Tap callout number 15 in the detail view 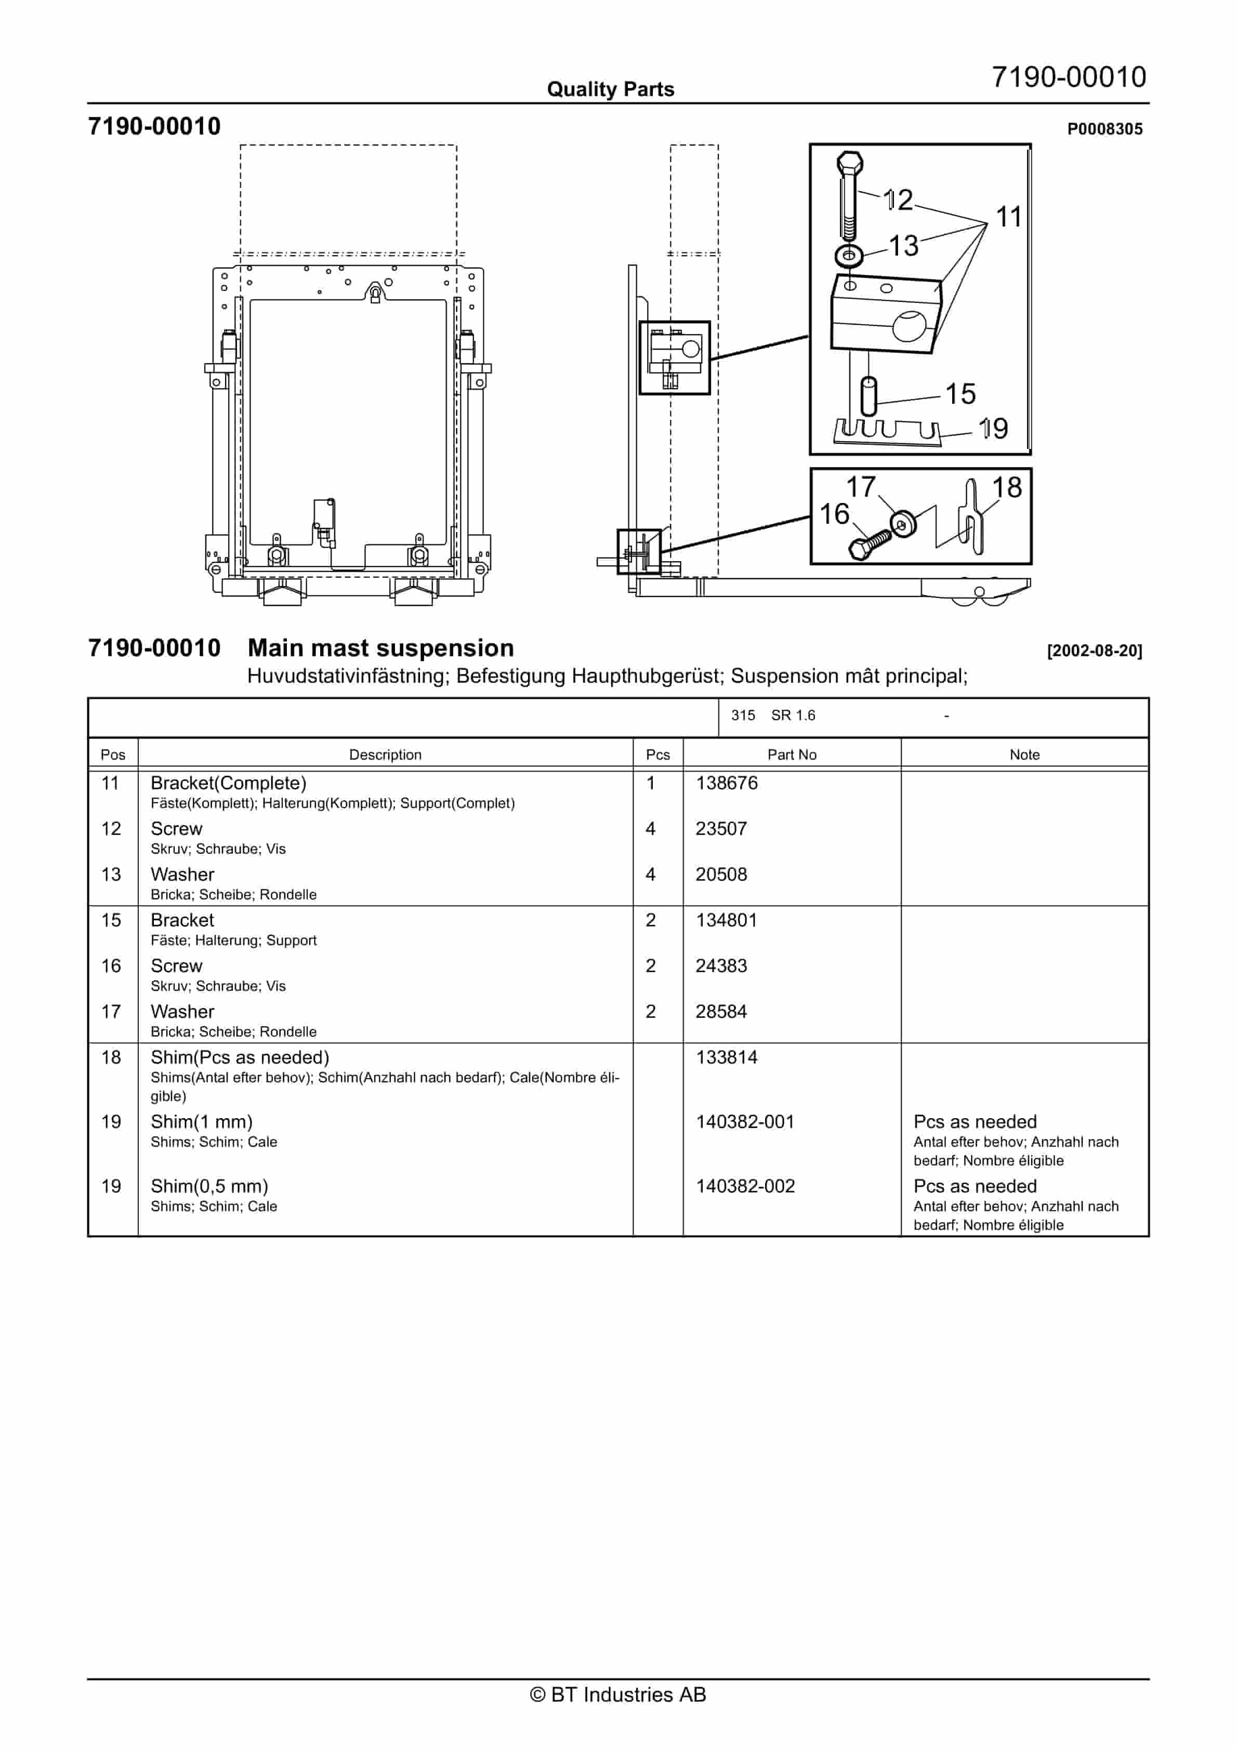960,393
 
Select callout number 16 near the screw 834,514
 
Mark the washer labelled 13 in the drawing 849,255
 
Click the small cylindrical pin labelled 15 868,396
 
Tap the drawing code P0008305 1104,129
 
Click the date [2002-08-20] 1095,651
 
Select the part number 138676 726,783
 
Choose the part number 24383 721,966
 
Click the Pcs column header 657,754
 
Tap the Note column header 1024,754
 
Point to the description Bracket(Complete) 228,783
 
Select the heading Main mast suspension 380,648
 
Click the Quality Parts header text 610,89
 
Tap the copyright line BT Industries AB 618,1694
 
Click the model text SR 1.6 793,715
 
